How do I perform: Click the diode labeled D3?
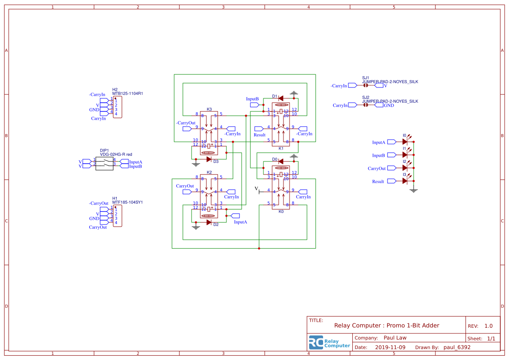point(209,159)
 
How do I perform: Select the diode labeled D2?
point(209,222)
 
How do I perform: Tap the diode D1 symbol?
point(281,98)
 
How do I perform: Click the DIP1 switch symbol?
point(104,163)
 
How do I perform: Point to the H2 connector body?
point(118,107)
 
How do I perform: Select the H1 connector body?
point(118,216)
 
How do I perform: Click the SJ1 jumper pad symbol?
point(366,86)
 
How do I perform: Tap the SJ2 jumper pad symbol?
point(366,105)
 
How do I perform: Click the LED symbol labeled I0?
point(405,141)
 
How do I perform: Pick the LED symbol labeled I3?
point(405,181)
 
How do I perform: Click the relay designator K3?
point(209,109)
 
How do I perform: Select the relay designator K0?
point(281,212)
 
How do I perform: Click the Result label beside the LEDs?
point(378,182)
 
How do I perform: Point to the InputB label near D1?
point(252,99)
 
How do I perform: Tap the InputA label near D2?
point(240,222)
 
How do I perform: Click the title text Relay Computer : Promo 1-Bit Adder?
point(386,326)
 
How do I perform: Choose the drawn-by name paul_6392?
point(457,347)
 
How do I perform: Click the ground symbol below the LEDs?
point(414,190)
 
